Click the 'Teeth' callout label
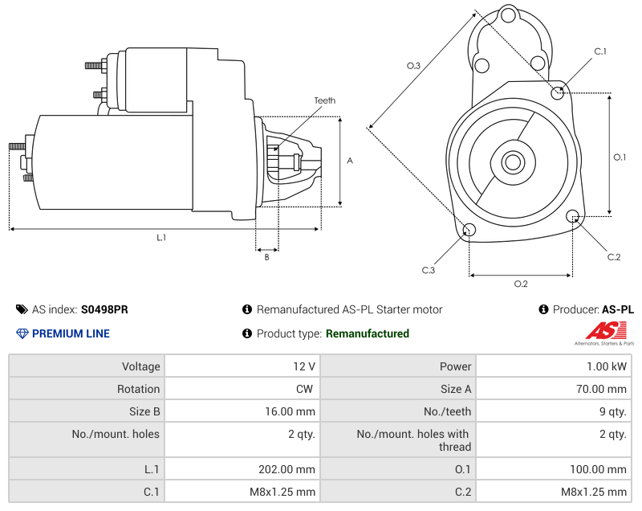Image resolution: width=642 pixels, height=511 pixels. pos(324,100)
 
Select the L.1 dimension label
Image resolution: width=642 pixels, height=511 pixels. pos(161,237)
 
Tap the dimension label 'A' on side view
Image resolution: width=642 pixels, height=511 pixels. pos(349,161)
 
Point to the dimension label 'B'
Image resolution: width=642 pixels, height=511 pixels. pos(266,257)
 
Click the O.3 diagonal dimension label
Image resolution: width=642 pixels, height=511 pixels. pos(413,66)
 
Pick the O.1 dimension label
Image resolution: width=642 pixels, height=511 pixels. pos(620,157)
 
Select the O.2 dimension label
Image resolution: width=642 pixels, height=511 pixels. pos(520,284)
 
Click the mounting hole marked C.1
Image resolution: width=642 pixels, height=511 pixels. pos(559,92)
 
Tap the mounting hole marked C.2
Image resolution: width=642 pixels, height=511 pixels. pos(573,216)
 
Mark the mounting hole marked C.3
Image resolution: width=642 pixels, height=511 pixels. pos(469,231)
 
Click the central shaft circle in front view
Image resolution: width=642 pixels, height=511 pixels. pos(512,162)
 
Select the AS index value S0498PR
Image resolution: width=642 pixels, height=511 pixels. pos(104,309)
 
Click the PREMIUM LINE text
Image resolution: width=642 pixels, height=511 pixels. pos(71,333)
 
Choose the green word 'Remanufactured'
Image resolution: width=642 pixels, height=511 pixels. pos(368,333)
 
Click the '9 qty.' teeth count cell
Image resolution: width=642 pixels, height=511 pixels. pos(613,411)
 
